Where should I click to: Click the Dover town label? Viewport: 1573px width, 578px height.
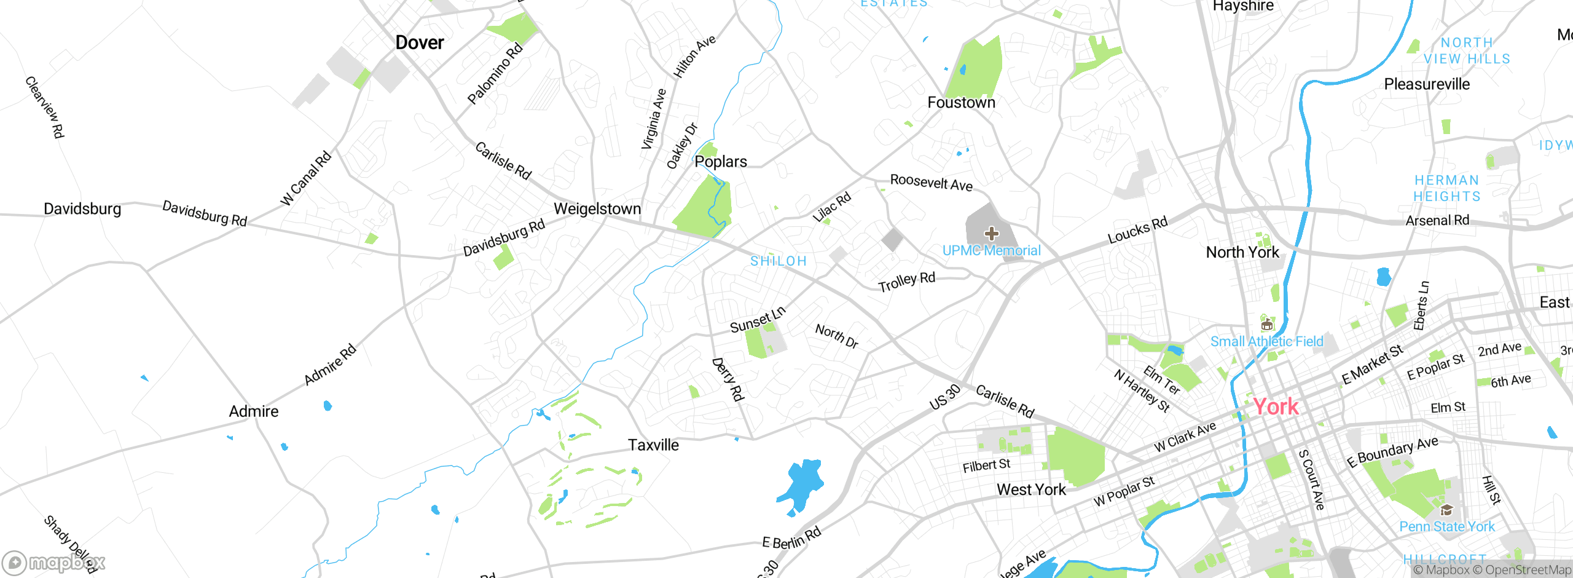[420, 42]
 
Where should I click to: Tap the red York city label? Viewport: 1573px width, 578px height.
[1276, 406]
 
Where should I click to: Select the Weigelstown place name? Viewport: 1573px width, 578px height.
[597, 208]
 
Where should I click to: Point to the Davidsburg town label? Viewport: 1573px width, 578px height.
[82, 208]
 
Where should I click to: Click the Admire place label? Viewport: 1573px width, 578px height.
[254, 411]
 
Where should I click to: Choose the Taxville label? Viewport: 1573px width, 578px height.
[653, 445]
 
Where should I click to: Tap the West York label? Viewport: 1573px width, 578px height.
[1031, 489]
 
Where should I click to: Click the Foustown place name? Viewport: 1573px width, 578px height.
[961, 102]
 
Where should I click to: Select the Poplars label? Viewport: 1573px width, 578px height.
[721, 161]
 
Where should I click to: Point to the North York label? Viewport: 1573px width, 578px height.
[1242, 252]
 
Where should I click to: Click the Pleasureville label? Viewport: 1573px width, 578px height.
[1427, 84]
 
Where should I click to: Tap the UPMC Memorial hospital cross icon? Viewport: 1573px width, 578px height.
[991, 234]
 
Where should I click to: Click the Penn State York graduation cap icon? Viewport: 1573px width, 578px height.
[1446, 510]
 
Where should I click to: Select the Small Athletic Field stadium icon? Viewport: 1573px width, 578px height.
[1266, 324]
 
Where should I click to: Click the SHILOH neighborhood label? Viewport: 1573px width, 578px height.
[779, 261]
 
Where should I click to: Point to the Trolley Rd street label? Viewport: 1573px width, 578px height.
[906, 282]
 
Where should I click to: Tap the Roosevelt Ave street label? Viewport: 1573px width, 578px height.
[931, 183]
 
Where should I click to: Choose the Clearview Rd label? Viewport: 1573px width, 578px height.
[45, 107]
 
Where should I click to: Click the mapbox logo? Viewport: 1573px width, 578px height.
[53, 563]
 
